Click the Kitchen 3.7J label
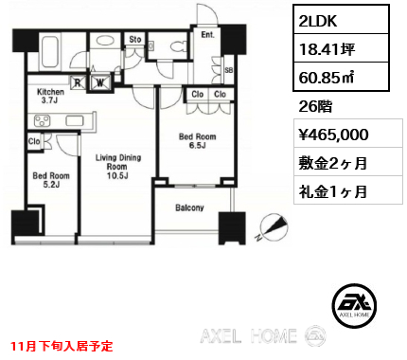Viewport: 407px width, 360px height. coord(50,96)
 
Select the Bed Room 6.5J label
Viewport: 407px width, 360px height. coord(199,141)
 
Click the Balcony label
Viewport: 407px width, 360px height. coord(190,207)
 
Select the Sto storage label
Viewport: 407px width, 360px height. coord(135,40)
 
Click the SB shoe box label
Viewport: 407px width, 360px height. coord(229,71)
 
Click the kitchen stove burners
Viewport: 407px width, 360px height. coord(43,120)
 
